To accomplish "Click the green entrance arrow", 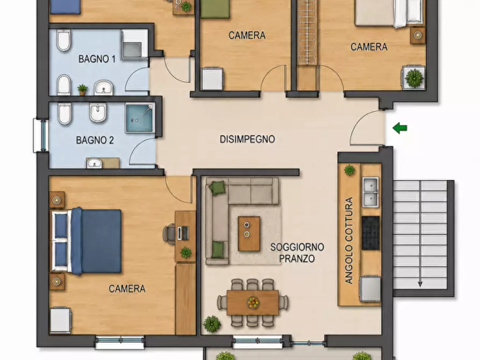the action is (400, 128).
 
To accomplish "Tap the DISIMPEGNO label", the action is (247, 139).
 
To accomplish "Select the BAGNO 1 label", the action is (97, 59).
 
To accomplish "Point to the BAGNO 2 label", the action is (95, 140).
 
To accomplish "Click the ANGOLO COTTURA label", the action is (349, 241).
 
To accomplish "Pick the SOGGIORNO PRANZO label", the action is (297, 253).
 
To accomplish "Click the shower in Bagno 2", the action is (139, 118).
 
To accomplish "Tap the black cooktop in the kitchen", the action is (371, 233).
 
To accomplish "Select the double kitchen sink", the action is (370, 192).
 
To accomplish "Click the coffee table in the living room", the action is (249, 234).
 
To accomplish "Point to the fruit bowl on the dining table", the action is (253, 303).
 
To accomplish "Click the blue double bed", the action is (87, 241).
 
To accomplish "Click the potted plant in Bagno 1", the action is (82, 89).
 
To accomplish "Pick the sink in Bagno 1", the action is (103, 87).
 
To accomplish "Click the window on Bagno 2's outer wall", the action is (41, 135).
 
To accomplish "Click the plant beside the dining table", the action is (212, 324).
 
